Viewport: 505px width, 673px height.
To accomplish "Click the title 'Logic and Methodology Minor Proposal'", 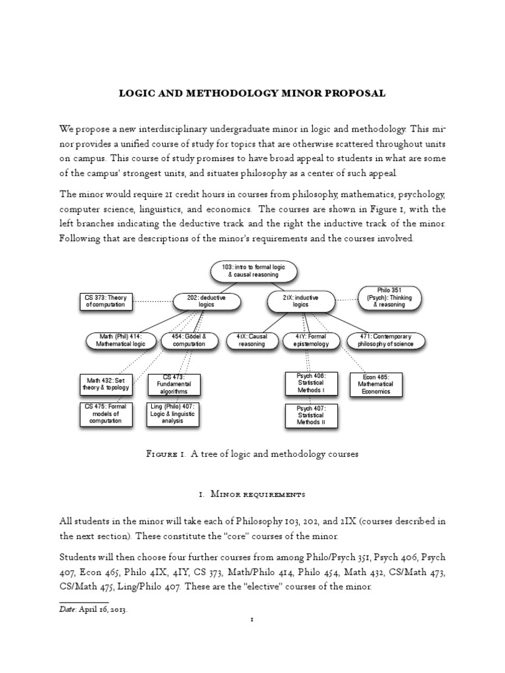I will (x=252, y=94).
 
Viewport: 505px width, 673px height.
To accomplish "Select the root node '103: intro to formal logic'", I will (x=254, y=270).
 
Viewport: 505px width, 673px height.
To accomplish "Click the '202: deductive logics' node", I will (x=206, y=302).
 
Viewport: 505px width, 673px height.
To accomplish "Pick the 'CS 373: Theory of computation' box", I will (x=105, y=302).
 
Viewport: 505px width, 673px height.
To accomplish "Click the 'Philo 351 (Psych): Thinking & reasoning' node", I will (x=390, y=297).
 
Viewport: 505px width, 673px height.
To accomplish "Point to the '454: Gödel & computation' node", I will (x=189, y=340).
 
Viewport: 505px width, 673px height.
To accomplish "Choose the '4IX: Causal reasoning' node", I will (x=251, y=340).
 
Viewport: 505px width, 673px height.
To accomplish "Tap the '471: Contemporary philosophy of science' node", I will (x=387, y=340).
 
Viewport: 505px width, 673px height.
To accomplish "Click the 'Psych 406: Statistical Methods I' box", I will (x=310, y=383).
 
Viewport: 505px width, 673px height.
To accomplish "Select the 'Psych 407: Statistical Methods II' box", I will (x=310, y=415).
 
